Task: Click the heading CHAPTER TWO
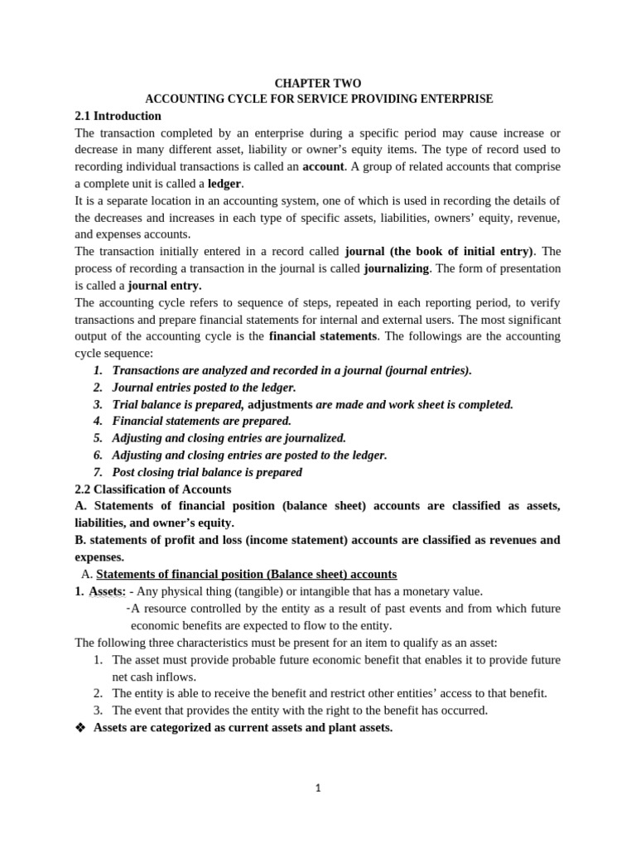click(317, 84)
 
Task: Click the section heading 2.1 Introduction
click(118, 116)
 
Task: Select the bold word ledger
click(224, 184)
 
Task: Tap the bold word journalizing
click(396, 268)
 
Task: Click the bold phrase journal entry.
click(164, 286)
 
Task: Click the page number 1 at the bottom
click(318, 788)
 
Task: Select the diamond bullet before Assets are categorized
click(80, 728)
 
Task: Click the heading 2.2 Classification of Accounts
click(152, 489)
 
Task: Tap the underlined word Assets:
click(107, 591)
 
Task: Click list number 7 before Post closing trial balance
click(98, 472)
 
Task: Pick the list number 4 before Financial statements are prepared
click(98, 421)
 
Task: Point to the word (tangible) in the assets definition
click(248, 591)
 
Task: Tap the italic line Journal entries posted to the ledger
click(204, 388)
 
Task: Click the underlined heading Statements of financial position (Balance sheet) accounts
click(246, 574)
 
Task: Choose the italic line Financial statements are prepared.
click(201, 421)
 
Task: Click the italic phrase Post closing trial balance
click(207, 472)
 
